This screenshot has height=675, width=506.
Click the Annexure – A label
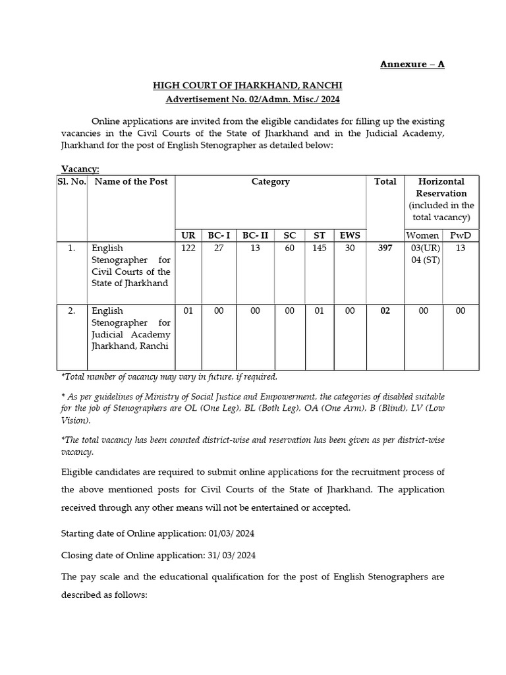click(x=412, y=64)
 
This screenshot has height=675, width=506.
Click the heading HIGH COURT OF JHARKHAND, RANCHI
click(x=248, y=86)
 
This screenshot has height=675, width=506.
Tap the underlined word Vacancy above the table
click(x=80, y=169)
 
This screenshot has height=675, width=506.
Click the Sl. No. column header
click(x=72, y=181)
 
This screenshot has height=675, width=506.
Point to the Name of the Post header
click(x=131, y=181)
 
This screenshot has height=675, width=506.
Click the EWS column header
click(x=350, y=235)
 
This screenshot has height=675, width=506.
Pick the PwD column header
click(x=461, y=235)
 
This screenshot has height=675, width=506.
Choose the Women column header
click(x=422, y=235)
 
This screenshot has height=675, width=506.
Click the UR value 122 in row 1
click(x=188, y=248)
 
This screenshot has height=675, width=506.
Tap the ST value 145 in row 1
click(x=320, y=248)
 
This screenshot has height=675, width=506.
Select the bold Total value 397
click(x=385, y=248)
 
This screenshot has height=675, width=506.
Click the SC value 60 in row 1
click(x=290, y=248)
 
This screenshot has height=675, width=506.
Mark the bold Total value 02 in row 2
click(x=385, y=310)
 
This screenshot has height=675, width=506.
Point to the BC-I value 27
click(x=219, y=248)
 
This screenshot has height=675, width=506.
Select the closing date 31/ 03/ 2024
click(x=225, y=555)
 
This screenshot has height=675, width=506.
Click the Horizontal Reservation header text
click(x=441, y=187)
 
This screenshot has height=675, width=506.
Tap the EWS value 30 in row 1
click(x=350, y=248)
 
